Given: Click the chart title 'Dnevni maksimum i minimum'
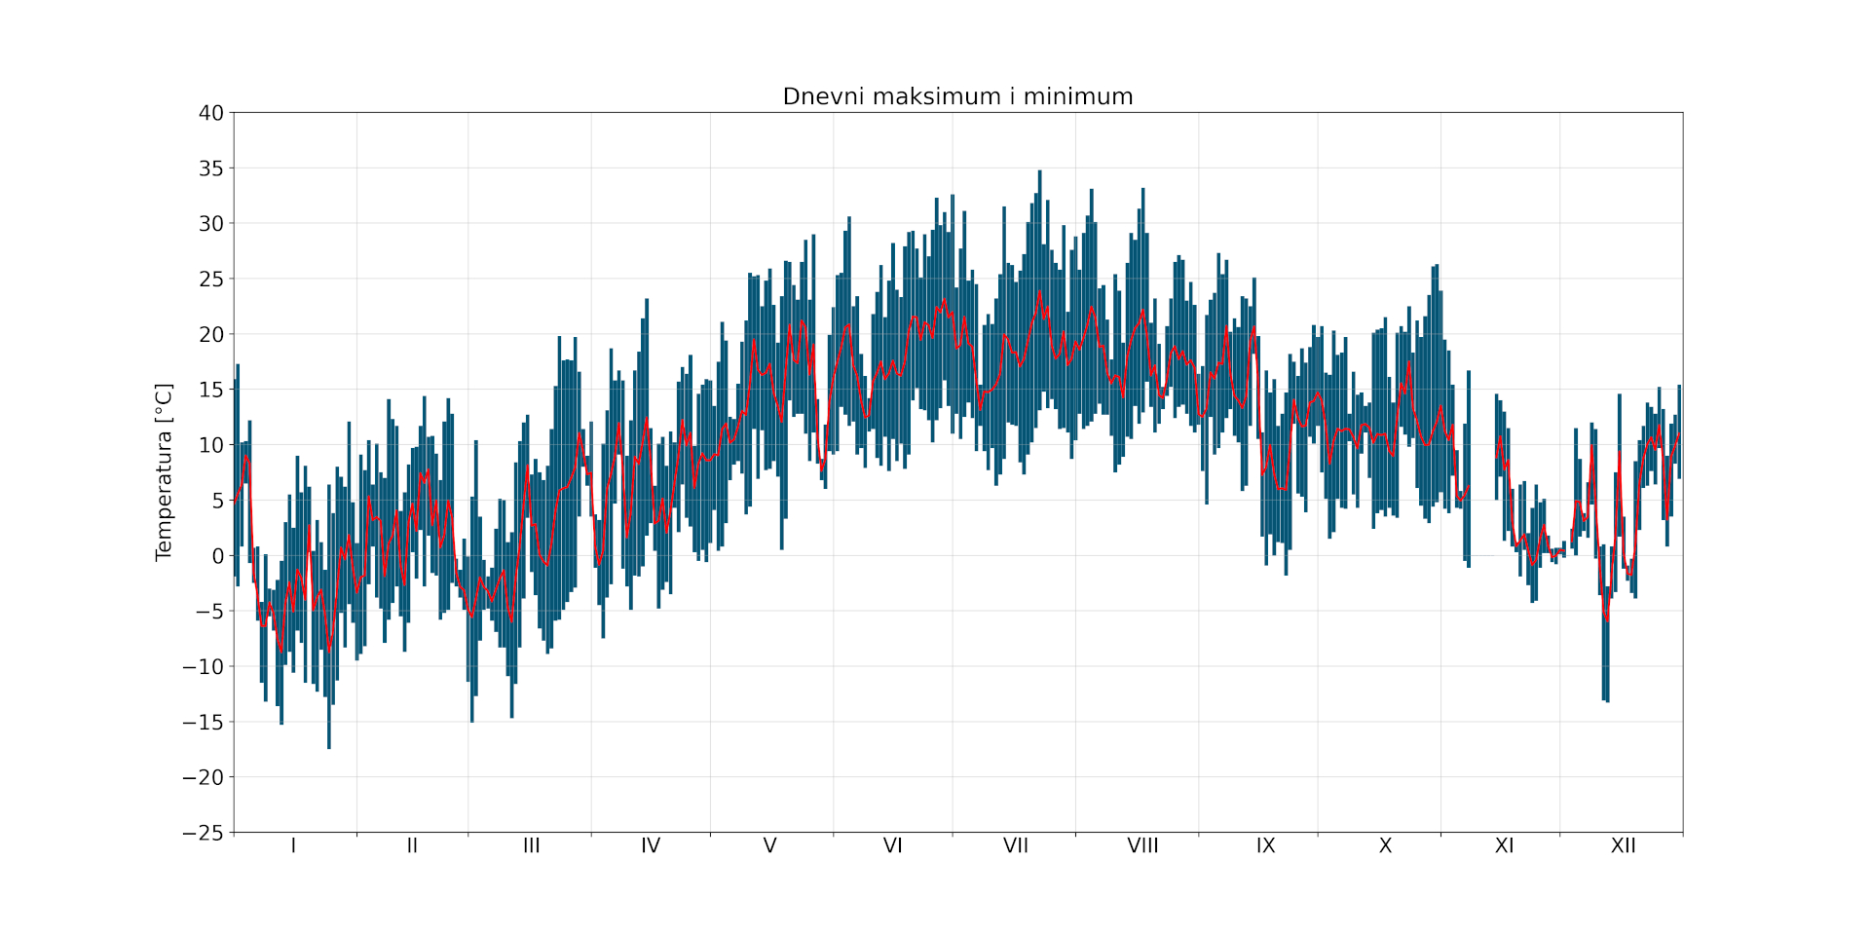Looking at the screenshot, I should click(957, 96).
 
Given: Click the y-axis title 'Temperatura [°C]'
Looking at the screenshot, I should click(164, 471).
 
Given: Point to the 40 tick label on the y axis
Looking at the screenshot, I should click(211, 113).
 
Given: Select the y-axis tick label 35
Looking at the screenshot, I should click(211, 168).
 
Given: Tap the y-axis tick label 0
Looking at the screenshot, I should click(217, 556).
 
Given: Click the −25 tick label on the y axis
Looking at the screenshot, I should click(203, 833).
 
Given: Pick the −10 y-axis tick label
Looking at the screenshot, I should click(203, 667).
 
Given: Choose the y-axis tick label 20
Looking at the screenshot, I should click(211, 334).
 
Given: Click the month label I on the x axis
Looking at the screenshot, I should click(293, 845).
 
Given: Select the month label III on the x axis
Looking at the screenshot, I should click(531, 845).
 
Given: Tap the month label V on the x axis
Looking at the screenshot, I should click(769, 845).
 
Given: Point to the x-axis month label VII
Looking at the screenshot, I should click(1015, 845).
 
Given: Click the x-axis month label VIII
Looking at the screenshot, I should click(1142, 845).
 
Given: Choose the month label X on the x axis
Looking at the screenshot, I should click(1385, 845).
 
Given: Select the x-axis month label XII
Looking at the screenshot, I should click(1623, 845).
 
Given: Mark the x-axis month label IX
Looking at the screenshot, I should click(1265, 845).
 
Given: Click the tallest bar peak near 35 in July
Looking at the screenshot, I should click(1039, 172).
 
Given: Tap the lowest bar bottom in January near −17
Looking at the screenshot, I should click(329, 746).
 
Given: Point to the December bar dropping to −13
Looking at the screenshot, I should click(1605, 699).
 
